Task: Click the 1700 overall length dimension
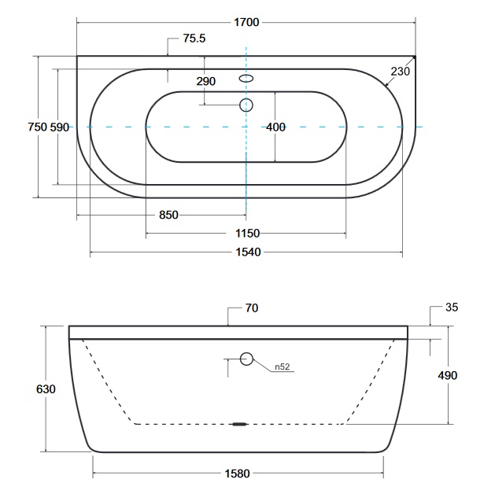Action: pos(246,22)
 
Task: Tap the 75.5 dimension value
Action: pos(194,39)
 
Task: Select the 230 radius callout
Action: pos(400,72)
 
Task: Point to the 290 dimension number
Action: pos(206,81)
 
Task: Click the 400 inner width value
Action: pos(275,127)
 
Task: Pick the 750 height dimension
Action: pos(38,127)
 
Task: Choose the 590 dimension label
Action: pos(60,127)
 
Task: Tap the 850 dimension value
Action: pos(168,215)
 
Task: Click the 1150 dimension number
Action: pos(247,234)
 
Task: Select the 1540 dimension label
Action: pos(248,252)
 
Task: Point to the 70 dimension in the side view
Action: pos(252,308)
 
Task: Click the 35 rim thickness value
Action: pos(452,307)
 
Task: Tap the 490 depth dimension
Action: pos(447,375)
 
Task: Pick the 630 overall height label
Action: pos(46,389)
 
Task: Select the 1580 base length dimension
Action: pos(237,473)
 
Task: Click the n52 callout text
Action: pos(283,367)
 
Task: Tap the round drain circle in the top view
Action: pos(246,105)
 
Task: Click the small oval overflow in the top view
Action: pos(246,79)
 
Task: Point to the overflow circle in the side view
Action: pos(246,359)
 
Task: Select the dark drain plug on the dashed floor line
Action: pos(239,425)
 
